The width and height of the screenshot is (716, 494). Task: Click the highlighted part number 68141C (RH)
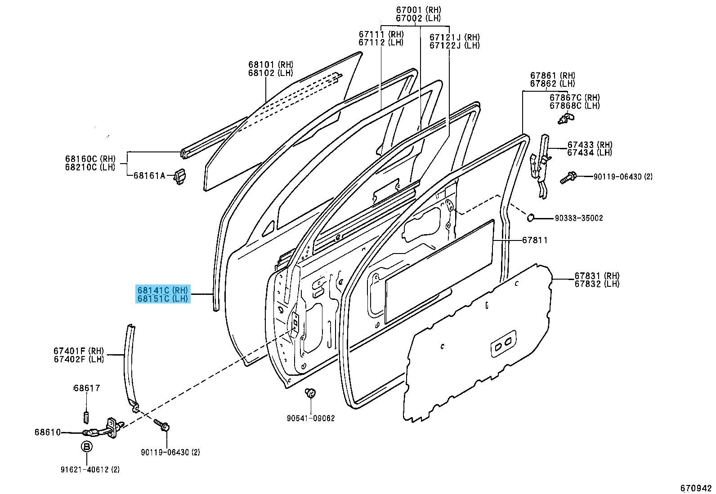(163, 290)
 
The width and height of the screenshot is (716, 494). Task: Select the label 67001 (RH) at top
(418, 10)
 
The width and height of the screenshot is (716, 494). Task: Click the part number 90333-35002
(578, 218)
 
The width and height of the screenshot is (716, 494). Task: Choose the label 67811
(535, 240)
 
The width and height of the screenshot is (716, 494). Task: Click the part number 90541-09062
(310, 418)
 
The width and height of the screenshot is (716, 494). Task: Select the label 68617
(87, 388)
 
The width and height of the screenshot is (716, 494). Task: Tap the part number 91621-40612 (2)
(90, 470)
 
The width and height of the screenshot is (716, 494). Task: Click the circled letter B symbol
(86, 446)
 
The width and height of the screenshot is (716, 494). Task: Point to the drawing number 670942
(696, 488)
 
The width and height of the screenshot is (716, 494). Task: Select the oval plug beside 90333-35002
(531, 218)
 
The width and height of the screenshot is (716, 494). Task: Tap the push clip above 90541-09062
(309, 392)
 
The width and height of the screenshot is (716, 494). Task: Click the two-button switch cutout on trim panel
(503, 344)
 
